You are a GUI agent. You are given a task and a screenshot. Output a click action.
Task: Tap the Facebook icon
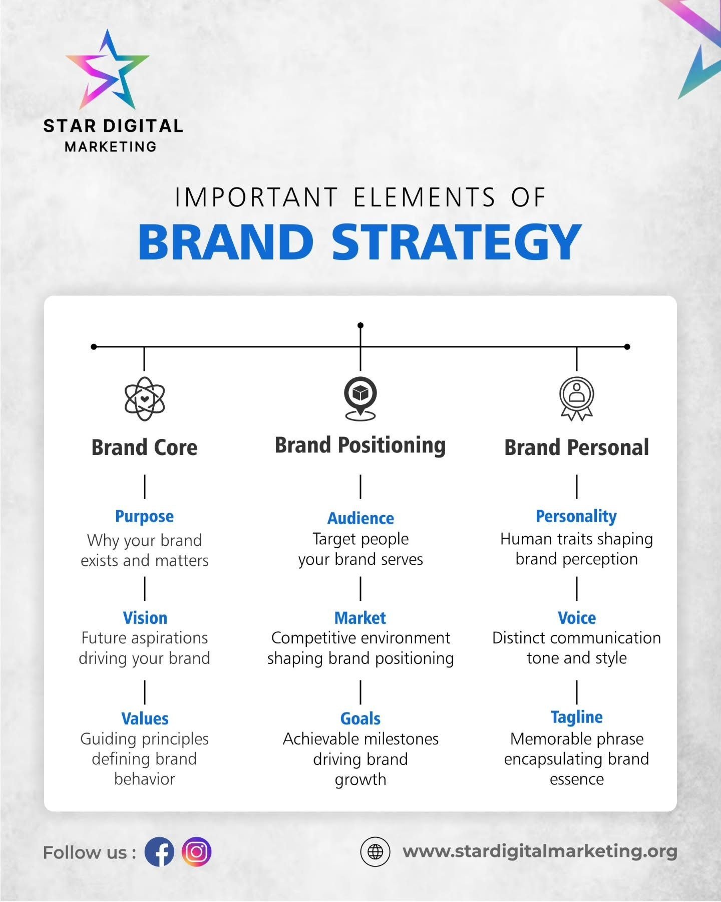[x=159, y=852]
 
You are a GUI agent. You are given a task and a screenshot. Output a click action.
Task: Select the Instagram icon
[x=196, y=852]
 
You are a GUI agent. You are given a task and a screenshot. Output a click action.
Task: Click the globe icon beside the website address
[x=375, y=852]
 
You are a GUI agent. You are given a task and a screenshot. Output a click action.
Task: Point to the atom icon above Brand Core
[x=145, y=399]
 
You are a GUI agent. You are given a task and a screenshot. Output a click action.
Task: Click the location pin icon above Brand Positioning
[x=360, y=398]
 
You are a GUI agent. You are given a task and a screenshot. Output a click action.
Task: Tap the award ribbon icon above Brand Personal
[x=577, y=398]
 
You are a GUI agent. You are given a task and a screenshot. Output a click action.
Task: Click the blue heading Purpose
[x=145, y=516]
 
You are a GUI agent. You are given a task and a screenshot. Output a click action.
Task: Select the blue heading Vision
[x=145, y=618]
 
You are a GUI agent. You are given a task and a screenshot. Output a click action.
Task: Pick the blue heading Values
[x=145, y=719]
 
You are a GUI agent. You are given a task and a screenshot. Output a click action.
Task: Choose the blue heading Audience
[x=360, y=518]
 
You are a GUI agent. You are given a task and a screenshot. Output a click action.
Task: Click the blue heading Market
[x=360, y=618]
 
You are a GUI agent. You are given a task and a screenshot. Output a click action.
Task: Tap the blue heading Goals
[x=360, y=719]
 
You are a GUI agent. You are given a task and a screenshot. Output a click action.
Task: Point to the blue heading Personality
[x=576, y=516]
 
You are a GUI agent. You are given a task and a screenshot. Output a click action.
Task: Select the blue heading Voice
[x=577, y=618]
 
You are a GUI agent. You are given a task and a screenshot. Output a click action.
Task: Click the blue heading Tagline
[x=577, y=717]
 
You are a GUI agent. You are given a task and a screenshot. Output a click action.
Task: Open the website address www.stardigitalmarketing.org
[x=540, y=851]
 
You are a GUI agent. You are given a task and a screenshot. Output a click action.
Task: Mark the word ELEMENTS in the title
[x=425, y=197]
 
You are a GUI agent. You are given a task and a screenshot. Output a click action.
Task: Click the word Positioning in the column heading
[x=392, y=445]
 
